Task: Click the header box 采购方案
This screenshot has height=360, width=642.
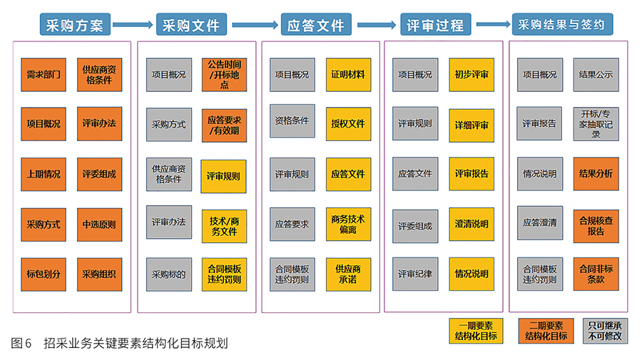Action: (75, 26)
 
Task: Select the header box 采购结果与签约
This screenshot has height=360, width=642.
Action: (562, 24)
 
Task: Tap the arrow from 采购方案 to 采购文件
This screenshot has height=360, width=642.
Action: (133, 25)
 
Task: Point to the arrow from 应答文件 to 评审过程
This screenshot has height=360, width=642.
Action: (377, 25)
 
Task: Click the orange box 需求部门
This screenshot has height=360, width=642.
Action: (43, 74)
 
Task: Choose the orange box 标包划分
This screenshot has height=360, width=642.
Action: (43, 274)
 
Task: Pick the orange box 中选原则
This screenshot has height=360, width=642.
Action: (98, 224)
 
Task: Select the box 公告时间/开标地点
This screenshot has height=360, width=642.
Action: (223, 74)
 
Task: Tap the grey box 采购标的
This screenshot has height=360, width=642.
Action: (169, 274)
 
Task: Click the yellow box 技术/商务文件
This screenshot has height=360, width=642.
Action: (223, 225)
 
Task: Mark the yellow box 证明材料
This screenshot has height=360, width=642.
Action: (348, 74)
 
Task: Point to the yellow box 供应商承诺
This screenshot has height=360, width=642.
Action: (348, 274)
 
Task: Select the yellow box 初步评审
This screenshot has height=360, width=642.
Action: (472, 74)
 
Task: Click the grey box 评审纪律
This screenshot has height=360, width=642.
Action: (415, 274)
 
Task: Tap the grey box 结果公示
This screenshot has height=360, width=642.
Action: (596, 74)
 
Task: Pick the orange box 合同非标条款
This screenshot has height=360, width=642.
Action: (596, 274)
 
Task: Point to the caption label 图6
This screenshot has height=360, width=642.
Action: (21, 343)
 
